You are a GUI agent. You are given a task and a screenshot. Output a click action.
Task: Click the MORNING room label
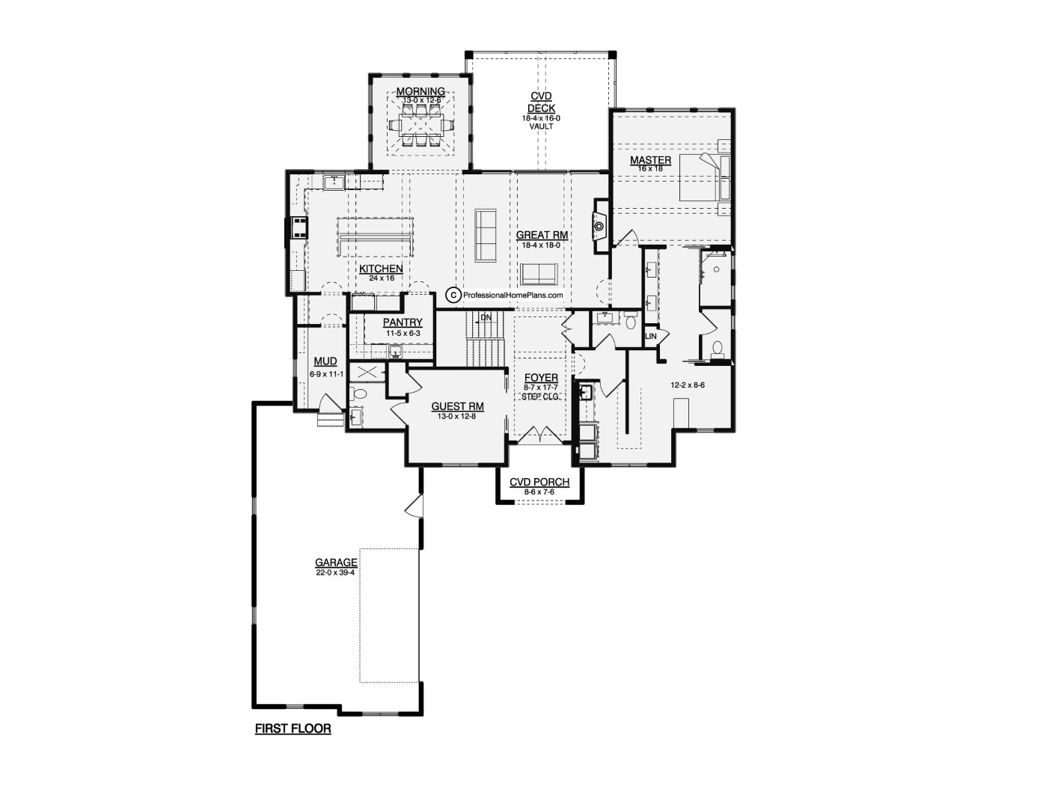click(x=420, y=91)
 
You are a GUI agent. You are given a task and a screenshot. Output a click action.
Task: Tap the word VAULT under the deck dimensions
click(x=542, y=126)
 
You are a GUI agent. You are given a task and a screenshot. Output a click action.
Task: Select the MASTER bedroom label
click(x=650, y=160)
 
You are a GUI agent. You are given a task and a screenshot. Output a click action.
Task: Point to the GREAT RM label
click(x=542, y=236)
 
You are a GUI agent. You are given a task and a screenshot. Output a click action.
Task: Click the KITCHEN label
click(x=381, y=269)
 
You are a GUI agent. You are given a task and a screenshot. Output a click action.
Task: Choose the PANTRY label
click(x=403, y=322)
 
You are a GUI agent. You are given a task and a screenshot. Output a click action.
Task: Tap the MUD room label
click(x=325, y=361)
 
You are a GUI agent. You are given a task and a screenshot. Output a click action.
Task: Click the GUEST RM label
click(x=457, y=407)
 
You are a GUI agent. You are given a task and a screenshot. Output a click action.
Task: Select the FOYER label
click(x=541, y=378)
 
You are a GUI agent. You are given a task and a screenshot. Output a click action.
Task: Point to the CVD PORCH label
click(x=539, y=483)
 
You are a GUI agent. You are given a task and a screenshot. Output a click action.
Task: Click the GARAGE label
click(x=336, y=563)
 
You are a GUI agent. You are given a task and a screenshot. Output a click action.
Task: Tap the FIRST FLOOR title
click(x=293, y=729)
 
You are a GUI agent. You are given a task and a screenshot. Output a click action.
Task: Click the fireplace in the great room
click(x=599, y=226)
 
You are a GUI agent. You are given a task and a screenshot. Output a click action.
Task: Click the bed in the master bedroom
click(x=704, y=177)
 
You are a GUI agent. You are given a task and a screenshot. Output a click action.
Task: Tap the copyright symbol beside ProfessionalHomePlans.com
click(x=453, y=295)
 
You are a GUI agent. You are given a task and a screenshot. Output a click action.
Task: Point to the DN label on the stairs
click(x=486, y=318)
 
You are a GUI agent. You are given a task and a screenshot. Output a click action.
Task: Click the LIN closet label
click(x=651, y=337)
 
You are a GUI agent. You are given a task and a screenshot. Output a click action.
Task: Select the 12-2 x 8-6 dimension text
click(x=688, y=385)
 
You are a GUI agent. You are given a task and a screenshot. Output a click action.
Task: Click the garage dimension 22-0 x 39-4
click(x=335, y=572)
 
